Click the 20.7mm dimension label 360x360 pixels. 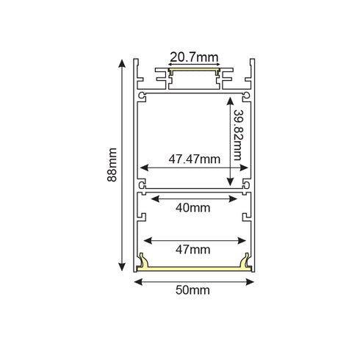point(194,56)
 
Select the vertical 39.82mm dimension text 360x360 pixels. point(237,144)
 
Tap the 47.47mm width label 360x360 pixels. point(194,158)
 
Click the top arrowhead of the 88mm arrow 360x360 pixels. point(122,62)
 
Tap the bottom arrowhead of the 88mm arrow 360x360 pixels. point(122,267)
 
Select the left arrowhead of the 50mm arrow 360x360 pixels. point(137,279)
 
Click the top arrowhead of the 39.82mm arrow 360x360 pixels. point(231,97)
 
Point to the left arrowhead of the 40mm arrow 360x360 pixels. point(153,197)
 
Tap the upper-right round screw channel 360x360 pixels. point(244,95)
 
